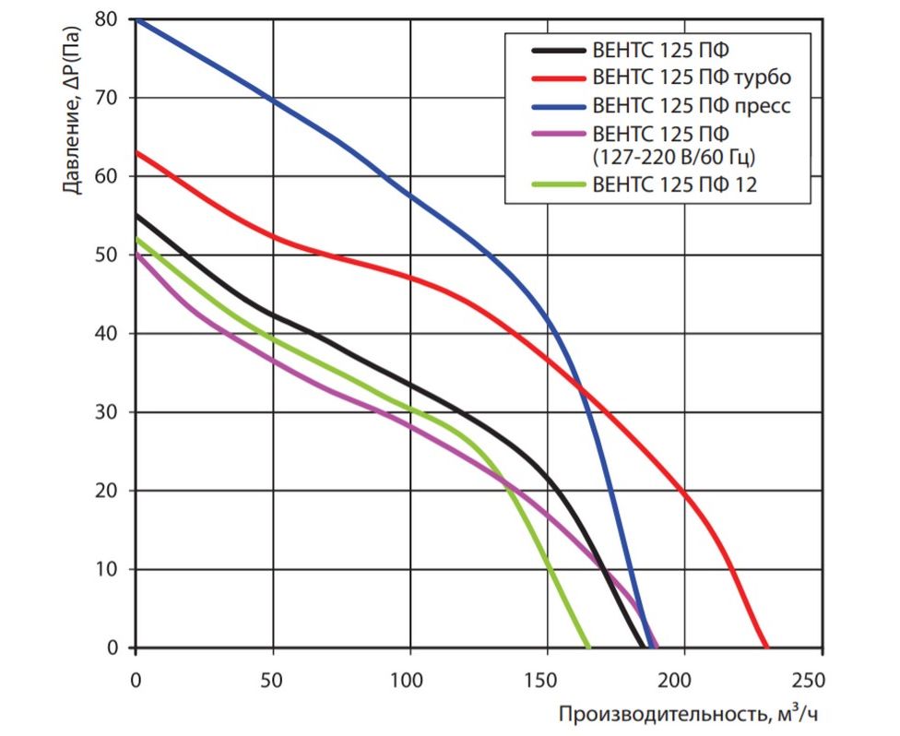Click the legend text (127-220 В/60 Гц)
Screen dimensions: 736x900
[672, 156]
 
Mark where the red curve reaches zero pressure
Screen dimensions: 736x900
[766, 647]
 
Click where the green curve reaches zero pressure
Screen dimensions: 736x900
[588, 647]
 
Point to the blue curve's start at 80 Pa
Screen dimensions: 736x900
[136, 19]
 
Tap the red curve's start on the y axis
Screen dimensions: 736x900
[136, 152]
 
